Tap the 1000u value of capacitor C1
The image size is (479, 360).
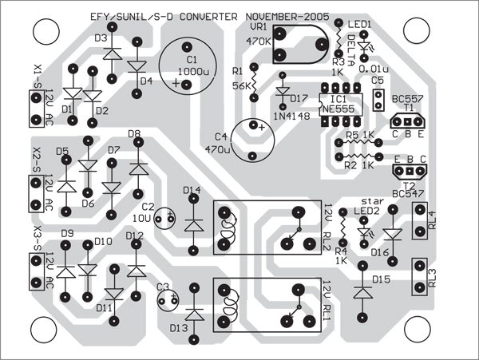point(193,72)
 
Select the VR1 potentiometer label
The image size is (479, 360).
point(259,27)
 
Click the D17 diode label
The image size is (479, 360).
point(299,99)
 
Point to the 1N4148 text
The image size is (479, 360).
point(291,116)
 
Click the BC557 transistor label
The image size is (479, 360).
point(407,99)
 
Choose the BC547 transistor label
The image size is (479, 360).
point(408,194)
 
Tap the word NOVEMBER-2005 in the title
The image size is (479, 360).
point(287,17)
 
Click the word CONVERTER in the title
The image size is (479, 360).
point(208,17)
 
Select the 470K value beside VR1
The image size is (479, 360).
point(259,42)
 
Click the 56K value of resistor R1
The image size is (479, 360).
point(241,85)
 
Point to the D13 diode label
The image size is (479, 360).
point(179,329)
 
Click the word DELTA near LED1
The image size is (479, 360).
point(351,50)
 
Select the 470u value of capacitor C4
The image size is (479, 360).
point(217,149)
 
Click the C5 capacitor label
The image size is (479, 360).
point(378,81)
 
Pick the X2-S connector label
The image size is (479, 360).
point(38,160)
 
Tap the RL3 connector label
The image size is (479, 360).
point(432,278)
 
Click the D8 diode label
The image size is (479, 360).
point(134,134)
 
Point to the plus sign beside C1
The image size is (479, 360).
point(176,83)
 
